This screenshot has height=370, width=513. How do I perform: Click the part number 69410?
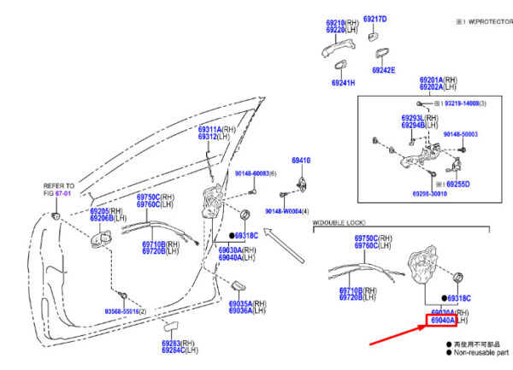(x=301, y=160)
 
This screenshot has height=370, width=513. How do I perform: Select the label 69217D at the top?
(x=374, y=19)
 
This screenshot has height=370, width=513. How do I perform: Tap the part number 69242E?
(x=383, y=70)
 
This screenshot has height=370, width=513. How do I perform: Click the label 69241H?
(x=344, y=83)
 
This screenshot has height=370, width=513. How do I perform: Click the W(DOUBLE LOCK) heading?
(x=341, y=224)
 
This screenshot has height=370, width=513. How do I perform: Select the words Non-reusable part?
(x=481, y=352)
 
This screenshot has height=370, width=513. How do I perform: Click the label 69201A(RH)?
(x=436, y=79)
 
